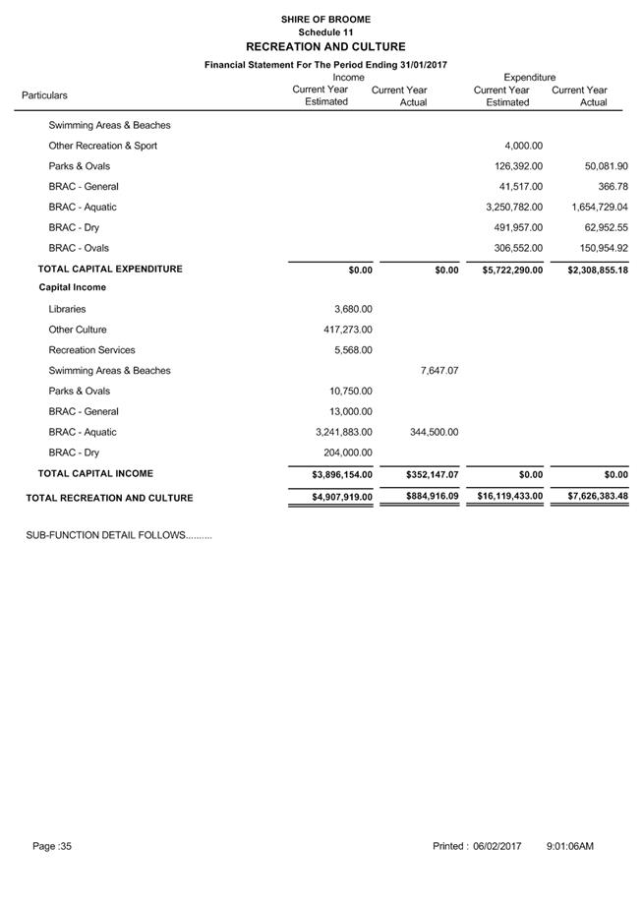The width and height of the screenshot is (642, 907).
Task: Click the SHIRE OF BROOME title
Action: click(325, 19)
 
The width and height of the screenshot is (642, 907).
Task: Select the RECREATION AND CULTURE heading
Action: click(325, 46)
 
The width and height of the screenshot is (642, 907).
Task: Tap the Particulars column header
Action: click(44, 95)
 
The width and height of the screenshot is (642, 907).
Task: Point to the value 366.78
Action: click(611, 187)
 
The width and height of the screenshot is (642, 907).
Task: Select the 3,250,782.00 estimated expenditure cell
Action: click(514, 208)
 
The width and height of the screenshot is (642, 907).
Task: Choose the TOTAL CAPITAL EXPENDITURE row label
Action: click(110, 269)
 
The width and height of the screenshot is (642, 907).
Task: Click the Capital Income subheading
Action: click(72, 288)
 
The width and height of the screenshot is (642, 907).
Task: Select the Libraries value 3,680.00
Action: click(353, 309)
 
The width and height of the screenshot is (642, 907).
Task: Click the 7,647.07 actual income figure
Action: click(438, 371)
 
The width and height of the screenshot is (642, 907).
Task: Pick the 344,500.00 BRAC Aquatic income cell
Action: click(429, 432)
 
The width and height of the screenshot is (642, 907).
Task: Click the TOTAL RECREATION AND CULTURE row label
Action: click(109, 498)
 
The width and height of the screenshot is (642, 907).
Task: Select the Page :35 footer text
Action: click(52, 846)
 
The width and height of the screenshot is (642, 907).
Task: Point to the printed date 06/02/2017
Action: click(496, 846)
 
